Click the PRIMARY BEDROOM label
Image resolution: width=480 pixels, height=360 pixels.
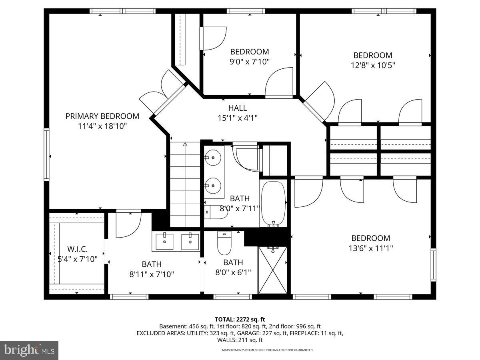[x=102, y=116]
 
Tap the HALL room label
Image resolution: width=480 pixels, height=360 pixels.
[x=238, y=108]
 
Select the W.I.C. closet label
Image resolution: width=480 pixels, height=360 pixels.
[x=78, y=249]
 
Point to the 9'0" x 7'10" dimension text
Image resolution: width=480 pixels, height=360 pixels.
[x=250, y=62]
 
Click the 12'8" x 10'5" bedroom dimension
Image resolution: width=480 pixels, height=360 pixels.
[x=372, y=65]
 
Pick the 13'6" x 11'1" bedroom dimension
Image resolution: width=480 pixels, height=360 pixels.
[x=370, y=248]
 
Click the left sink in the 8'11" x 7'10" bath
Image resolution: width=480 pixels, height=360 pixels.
[x=164, y=242]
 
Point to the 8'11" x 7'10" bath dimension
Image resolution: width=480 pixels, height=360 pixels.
[x=152, y=274]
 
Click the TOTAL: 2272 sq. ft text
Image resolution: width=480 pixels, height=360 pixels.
[x=240, y=319]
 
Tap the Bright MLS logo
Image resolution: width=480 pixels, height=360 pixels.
[x=29, y=350]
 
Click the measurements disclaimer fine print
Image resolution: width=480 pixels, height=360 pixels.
[x=268, y=350]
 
